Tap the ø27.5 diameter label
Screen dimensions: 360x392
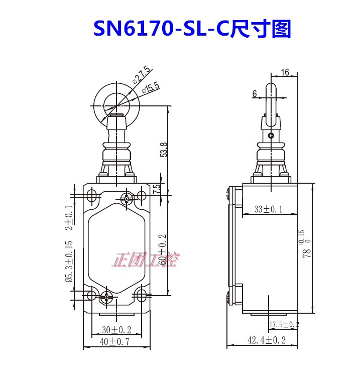(x=142, y=75)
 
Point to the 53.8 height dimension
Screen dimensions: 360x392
(x=163, y=150)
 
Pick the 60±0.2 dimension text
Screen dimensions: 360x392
(x=163, y=249)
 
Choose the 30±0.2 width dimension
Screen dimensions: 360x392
(x=116, y=330)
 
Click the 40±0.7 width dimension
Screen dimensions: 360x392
(x=114, y=341)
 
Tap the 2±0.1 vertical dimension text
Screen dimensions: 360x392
(x=69, y=217)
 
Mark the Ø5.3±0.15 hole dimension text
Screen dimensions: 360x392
(x=69, y=262)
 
